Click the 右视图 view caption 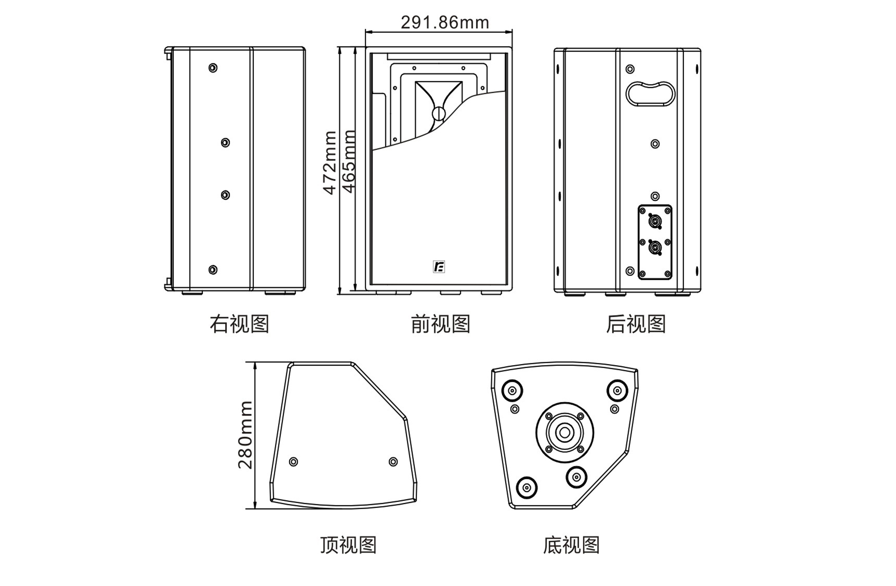(239, 324)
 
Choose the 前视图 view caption (441, 324)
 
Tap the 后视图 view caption (636, 324)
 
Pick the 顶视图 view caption (348, 545)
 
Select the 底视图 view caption (571, 545)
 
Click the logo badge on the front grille (439, 267)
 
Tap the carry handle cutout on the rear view (650, 94)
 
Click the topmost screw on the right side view (213, 68)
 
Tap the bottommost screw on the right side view (213, 270)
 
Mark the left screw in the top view (293, 462)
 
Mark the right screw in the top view (393, 462)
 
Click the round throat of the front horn (439, 114)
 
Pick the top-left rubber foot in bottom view (512, 391)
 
